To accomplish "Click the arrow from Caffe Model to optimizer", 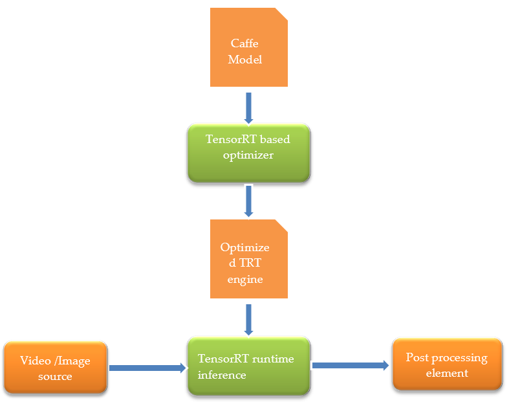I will (x=248, y=108).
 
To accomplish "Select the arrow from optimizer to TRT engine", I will (x=248, y=201).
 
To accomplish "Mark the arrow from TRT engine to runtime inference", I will (x=248, y=320).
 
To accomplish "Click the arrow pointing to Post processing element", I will (x=350, y=365).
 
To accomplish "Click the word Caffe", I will (x=244, y=43).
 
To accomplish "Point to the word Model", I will (x=244, y=60).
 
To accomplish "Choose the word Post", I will (x=417, y=357).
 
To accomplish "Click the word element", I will (x=447, y=373).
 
